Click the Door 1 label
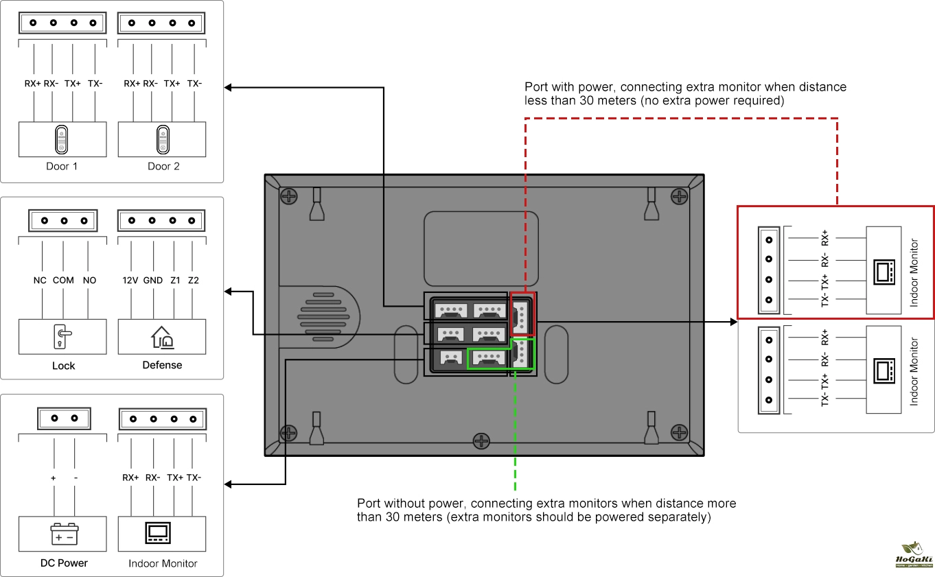(x=62, y=166)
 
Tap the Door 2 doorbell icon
(x=163, y=139)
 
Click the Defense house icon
(x=163, y=336)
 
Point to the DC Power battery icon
(x=64, y=534)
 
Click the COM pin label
(x=63, y=281)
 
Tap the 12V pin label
(x=130, y=281)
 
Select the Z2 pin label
(x=193, y=281)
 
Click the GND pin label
(x=153, y=281)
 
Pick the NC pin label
(x=40, y=281)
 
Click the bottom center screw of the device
(x=483, y=439)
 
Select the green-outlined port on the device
(x=489, y=358)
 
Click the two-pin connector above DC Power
(x=64, y=418)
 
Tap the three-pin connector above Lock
(x=64, y=221)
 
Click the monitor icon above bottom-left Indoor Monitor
(x=163, y=533)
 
